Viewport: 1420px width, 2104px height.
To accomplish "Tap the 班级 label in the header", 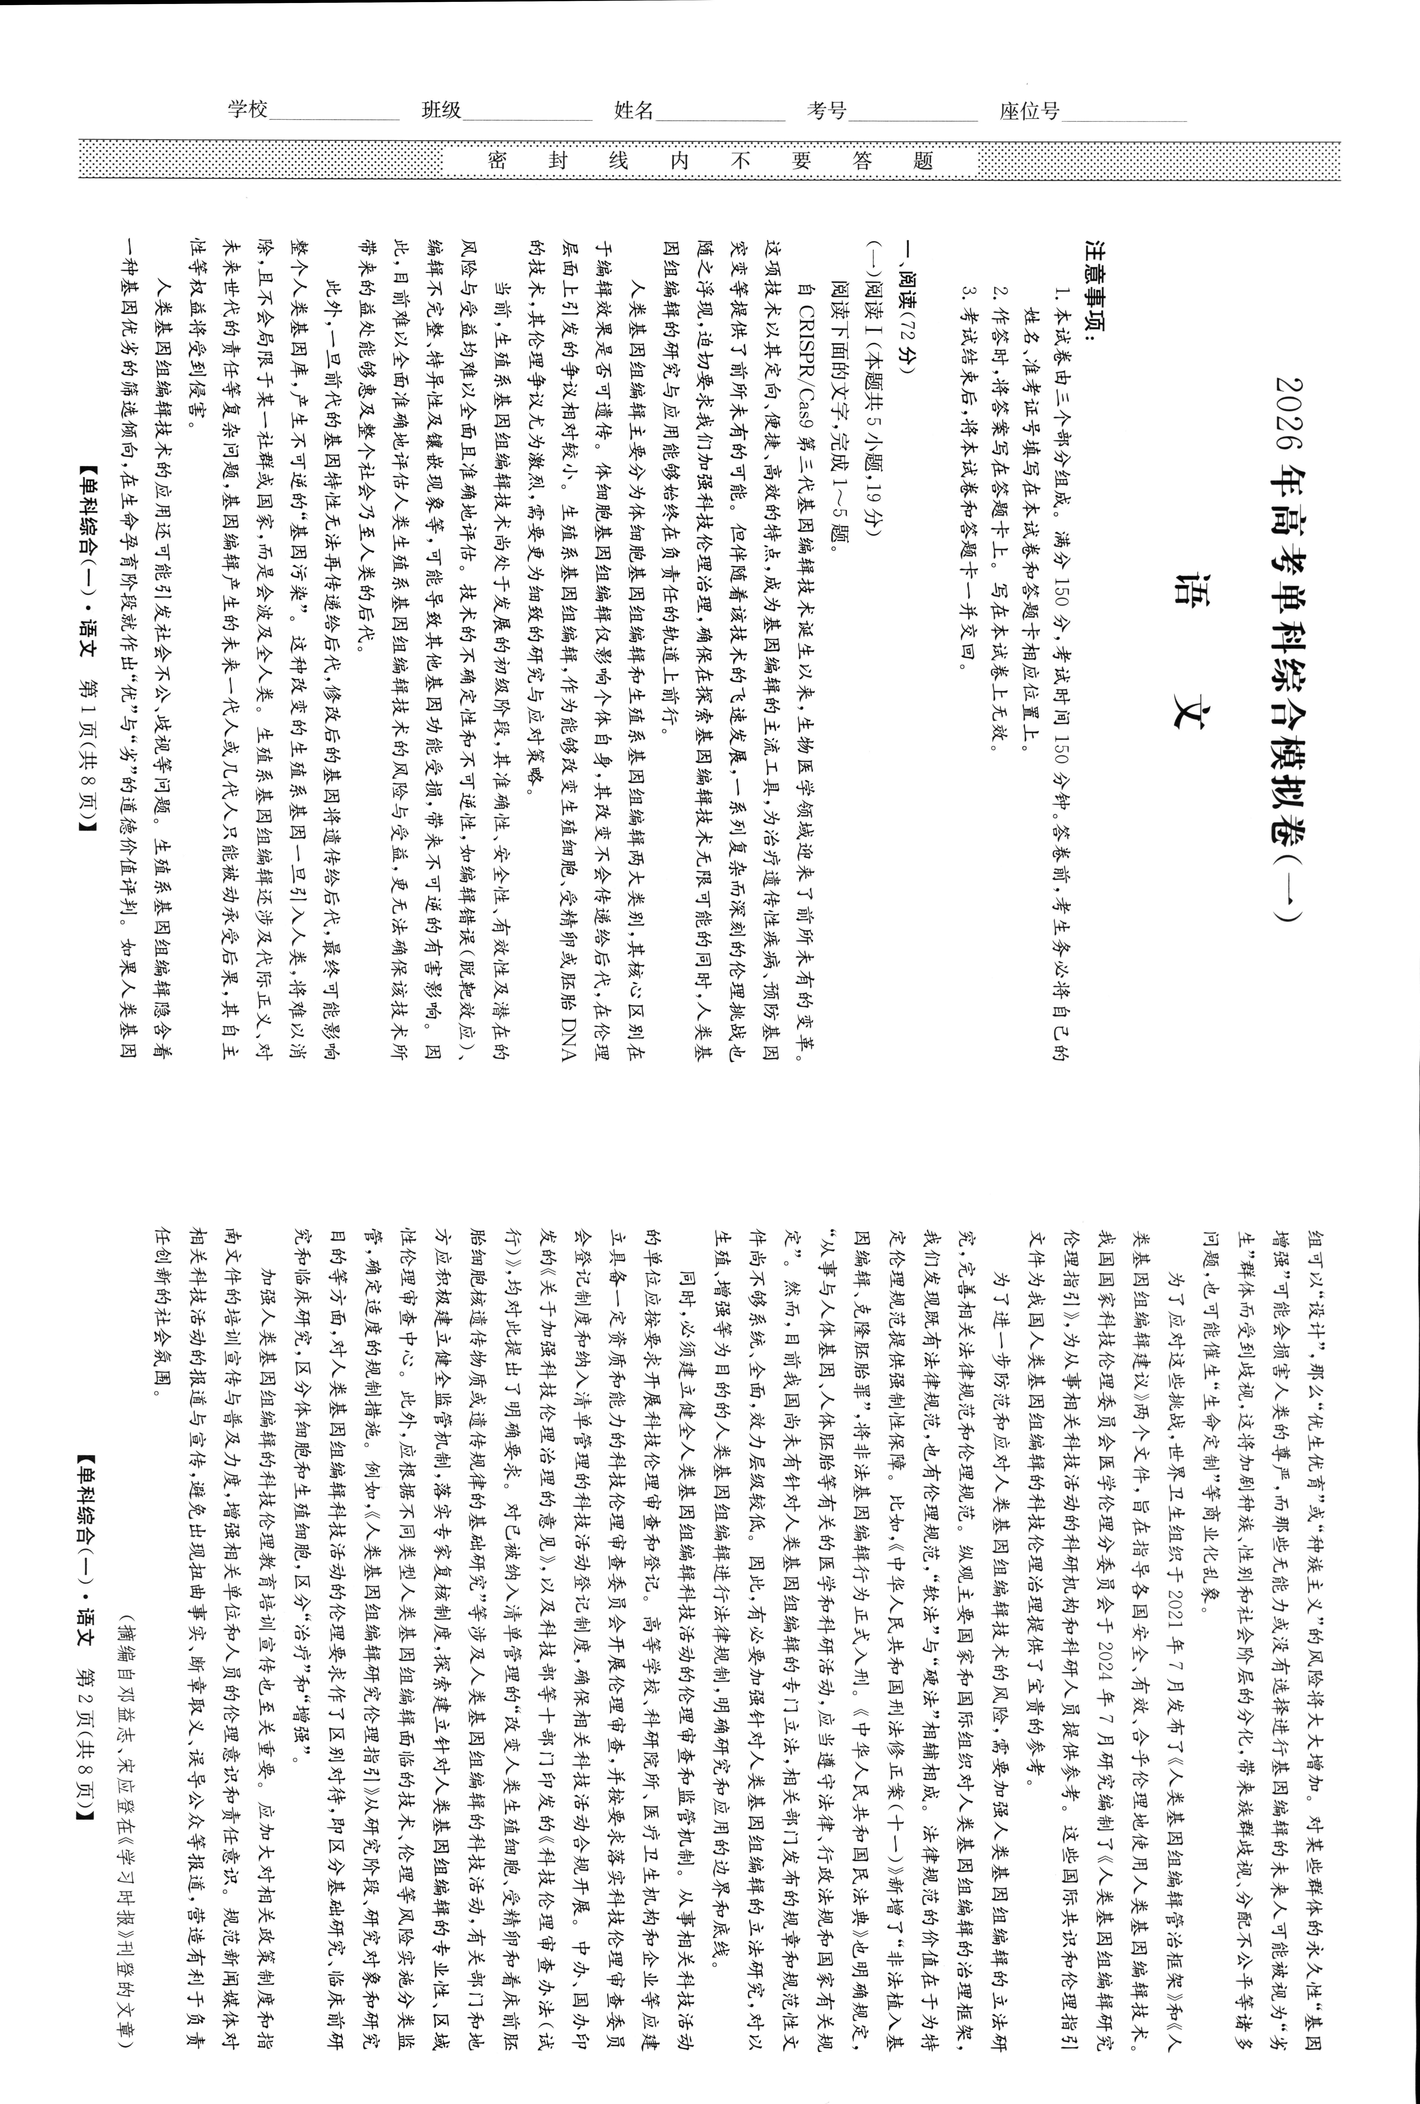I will [442, 111].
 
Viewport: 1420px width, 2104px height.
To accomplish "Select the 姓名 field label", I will [634, 111].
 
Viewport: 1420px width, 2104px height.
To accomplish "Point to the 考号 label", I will [827, 111].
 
